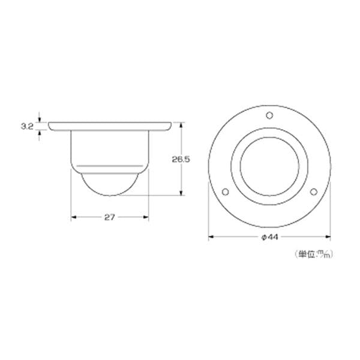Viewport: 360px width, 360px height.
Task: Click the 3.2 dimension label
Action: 27,126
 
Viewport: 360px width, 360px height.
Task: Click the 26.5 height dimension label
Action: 181,160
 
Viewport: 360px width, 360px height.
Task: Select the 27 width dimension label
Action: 110,217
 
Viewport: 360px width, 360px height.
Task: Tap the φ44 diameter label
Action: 269,237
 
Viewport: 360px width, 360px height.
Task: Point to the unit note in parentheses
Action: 314,254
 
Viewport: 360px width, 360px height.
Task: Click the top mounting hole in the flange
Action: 269,115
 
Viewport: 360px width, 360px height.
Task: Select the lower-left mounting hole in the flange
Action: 226,191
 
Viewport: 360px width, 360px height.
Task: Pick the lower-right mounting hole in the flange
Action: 314,191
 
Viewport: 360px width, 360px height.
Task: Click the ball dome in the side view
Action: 110,184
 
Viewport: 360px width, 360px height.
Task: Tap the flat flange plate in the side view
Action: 110,126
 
